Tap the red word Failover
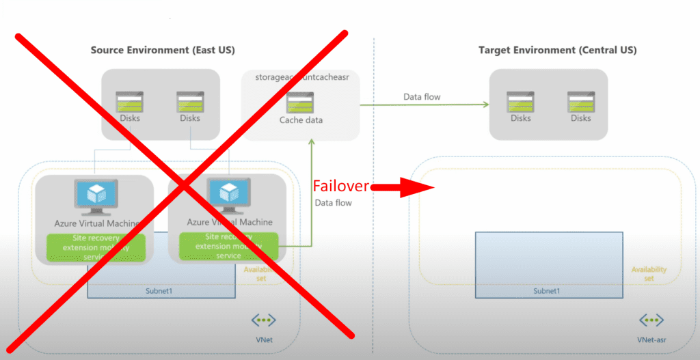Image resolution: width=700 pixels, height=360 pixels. tap(341, 186)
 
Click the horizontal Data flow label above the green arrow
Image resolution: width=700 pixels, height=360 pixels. tap(422, 97)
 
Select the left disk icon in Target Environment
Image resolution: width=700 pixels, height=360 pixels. tap(520, 102)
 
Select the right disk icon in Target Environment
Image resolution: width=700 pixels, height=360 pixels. tap(581, 102)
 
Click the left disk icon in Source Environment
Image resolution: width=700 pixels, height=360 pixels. tap(129, 102)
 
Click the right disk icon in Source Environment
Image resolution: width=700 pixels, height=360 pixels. tap(190, 102)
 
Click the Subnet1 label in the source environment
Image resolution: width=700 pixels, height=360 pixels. tap(161, 291)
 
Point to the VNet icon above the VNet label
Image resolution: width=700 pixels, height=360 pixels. tap(262, 320)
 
